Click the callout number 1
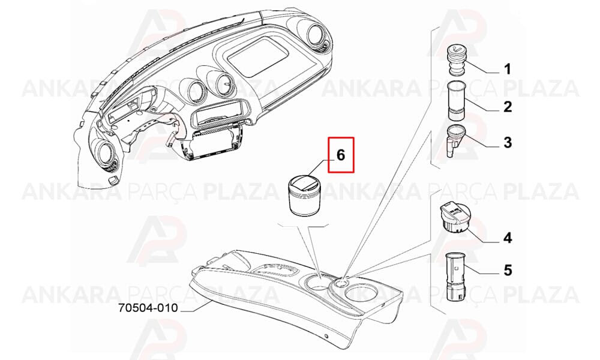(508, 70)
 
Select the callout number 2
(508, 106)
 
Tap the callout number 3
(508, 143)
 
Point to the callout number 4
(508, 238)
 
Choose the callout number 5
(508, 271)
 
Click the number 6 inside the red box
(341, 155)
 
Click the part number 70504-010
(148, 308)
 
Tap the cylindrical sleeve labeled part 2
(456, 100)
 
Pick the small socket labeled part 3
(455, 140)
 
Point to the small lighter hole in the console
(342, 283)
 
